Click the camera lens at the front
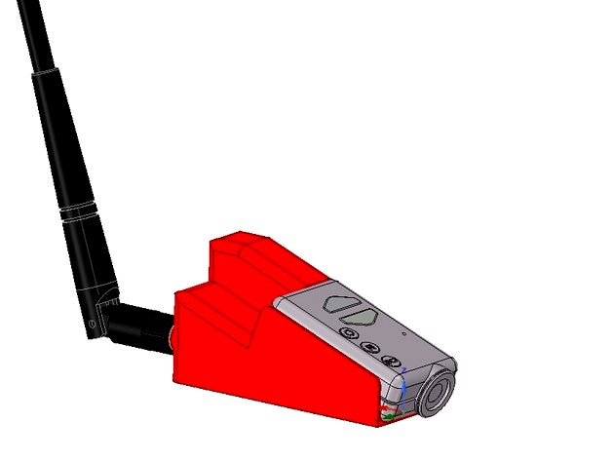point(436,392)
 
